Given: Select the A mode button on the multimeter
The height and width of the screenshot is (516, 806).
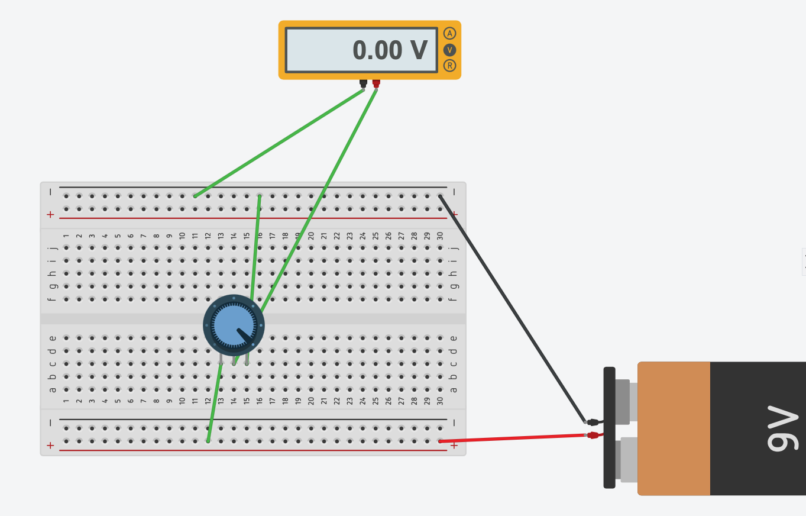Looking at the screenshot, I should click(x=449, y=34).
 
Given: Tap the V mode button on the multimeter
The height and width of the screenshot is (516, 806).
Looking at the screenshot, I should click(x=449, y=50).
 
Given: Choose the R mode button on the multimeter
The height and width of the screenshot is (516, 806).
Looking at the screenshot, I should click(x=449, y=66).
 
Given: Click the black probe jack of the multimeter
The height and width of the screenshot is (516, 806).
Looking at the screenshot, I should click(x=363, y=83).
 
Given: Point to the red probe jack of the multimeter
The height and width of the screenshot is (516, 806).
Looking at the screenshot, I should click(x=376, y=83).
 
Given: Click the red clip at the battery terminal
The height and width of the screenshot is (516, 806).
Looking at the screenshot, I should click(x=593, y=435).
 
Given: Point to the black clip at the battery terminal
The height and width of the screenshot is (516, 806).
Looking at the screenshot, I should click(x=594, y=422).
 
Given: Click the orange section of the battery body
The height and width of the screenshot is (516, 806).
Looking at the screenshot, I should click(x=674, y=428).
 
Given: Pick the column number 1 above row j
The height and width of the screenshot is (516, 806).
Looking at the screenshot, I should click(x=66, y=236).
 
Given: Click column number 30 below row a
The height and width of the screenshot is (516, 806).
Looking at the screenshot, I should click(x=440, y=401).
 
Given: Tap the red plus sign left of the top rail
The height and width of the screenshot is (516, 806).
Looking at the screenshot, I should click(x=50, y=214).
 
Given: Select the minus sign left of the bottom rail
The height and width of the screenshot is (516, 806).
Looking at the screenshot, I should click(x=50, y=423).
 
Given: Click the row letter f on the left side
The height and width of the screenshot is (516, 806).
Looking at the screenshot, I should click(x=53, y=299).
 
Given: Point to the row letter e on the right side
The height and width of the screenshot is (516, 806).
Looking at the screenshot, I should click(x=454, y=338).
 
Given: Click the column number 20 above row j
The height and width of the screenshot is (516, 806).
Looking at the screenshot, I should click(x=311, y=236).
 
